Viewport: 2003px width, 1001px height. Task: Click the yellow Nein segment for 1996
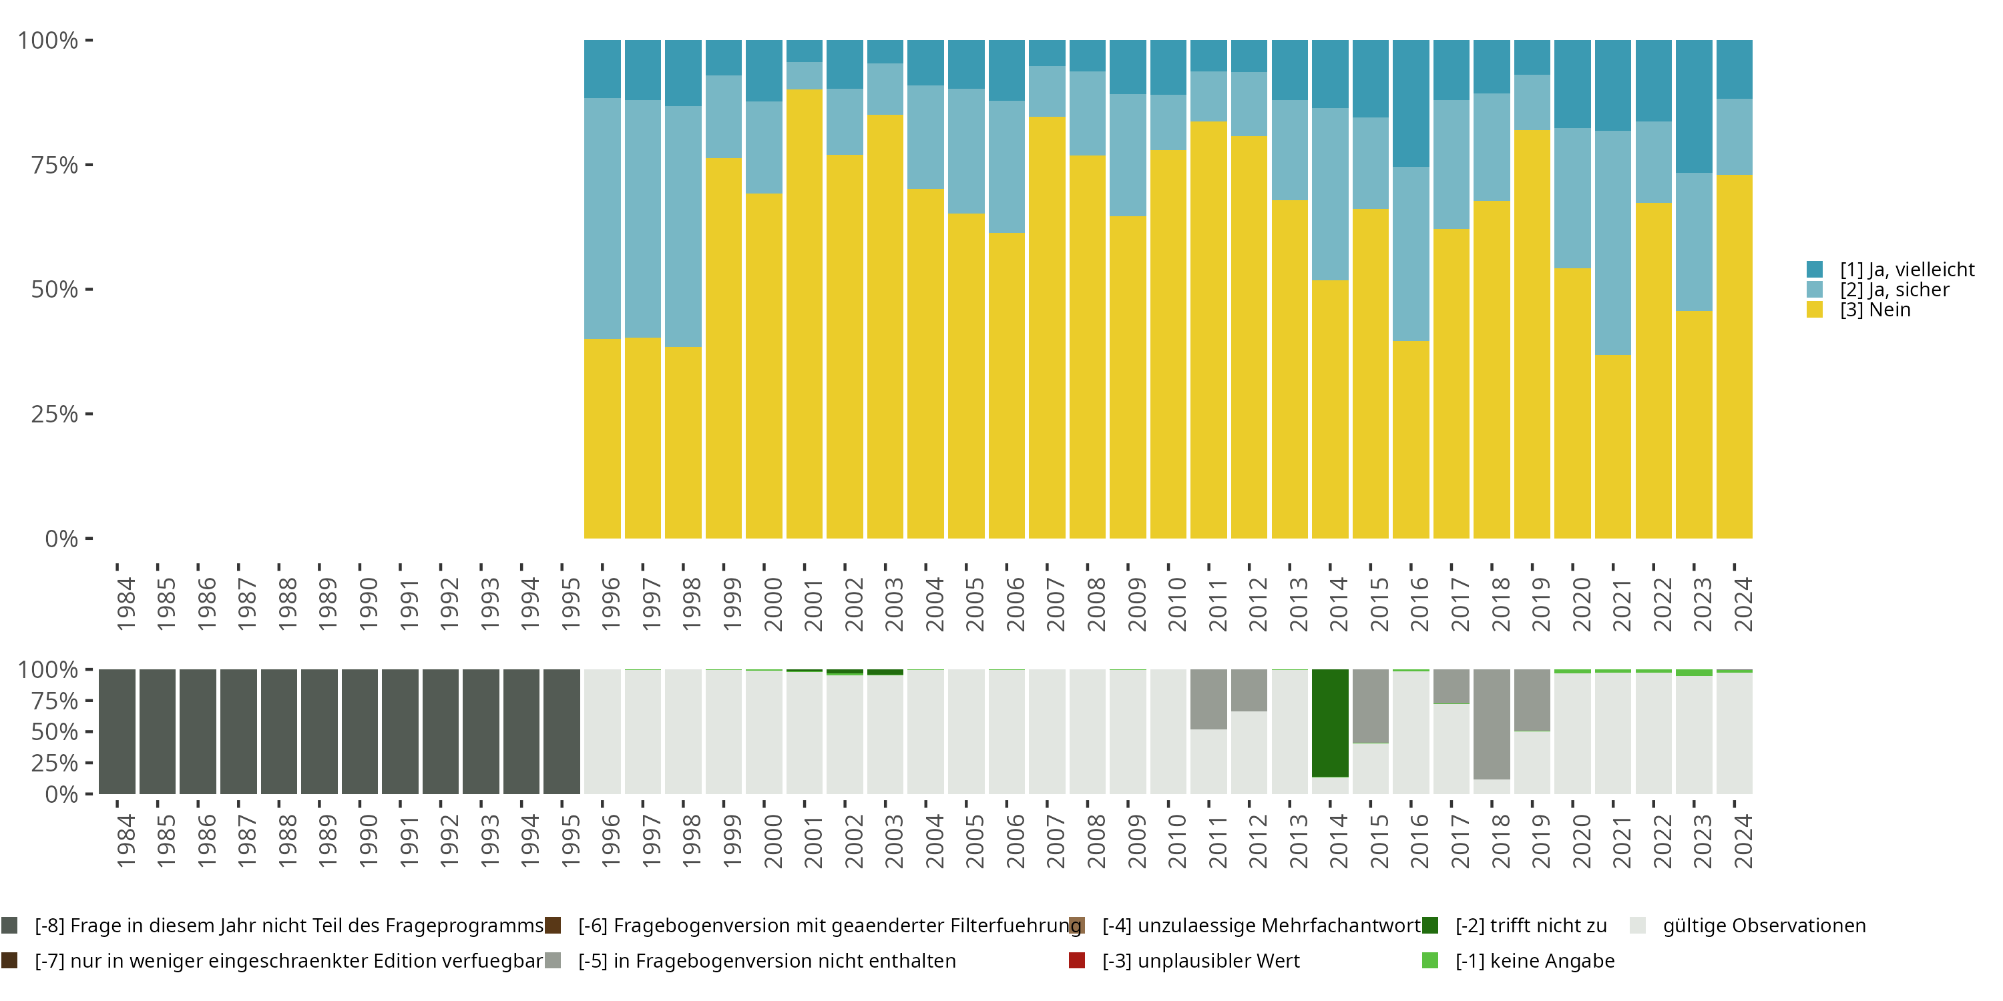click(603, 438)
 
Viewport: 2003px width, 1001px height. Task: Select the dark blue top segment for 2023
click(1693, 107)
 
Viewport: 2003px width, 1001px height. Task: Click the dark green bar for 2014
click(1329, 723)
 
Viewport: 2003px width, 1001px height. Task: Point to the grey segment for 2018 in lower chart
click(1492, 724)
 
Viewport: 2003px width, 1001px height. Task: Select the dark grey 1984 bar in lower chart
click(118, 731)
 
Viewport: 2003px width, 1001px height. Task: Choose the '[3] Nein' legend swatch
click(1815, 310)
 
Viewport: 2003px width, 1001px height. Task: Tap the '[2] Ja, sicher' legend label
click(1894, 290)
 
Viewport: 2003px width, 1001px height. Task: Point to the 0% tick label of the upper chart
click(61, 539)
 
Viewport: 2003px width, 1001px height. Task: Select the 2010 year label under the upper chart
click(1177, 604)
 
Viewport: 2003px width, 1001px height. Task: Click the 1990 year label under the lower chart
click(369, 841)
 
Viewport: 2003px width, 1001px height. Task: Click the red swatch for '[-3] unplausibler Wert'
click(1077, 960)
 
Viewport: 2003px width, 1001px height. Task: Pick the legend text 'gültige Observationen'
click(1763, 926)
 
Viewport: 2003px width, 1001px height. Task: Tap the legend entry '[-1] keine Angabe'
click(1534, 960)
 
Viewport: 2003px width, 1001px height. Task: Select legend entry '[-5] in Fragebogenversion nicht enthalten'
click(766, 960)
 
